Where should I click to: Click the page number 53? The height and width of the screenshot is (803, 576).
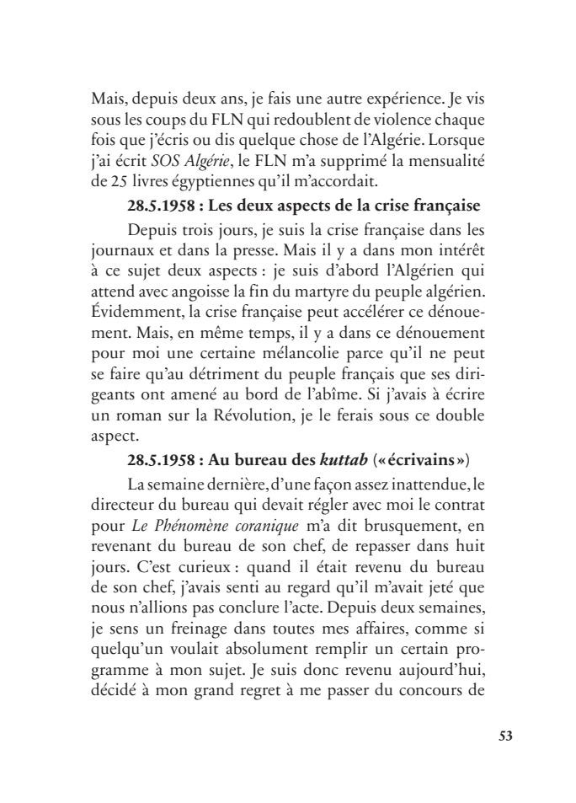pos(505,735)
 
